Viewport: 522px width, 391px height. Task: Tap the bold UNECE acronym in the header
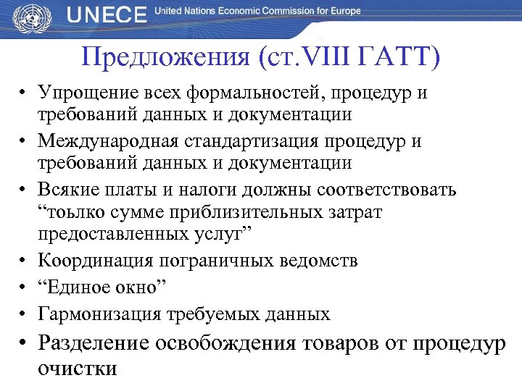(107, 14)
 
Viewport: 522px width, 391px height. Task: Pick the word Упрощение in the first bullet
(86, 93)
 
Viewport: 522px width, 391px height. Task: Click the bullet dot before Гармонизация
(23, 314)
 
